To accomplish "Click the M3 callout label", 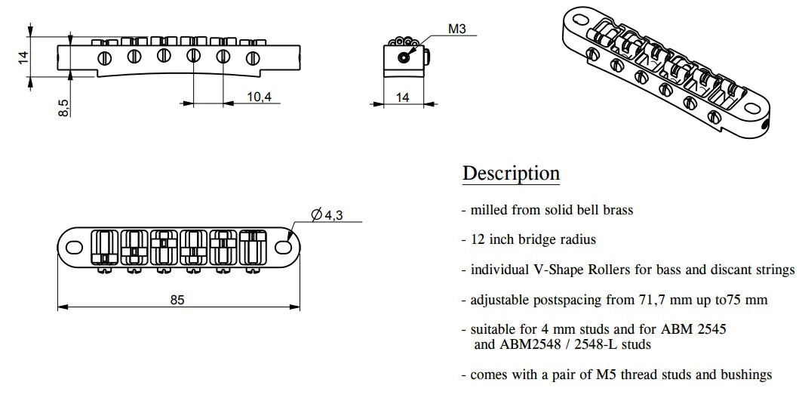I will point(457,29).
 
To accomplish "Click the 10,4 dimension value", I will point(259,96).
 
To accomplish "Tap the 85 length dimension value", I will point(177,300).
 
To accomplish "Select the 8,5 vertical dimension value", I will point(64,108).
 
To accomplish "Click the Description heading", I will point(511,174).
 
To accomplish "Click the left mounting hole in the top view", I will point(75,247).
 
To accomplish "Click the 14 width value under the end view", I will point(403,97).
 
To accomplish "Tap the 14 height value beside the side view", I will point(23,57).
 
